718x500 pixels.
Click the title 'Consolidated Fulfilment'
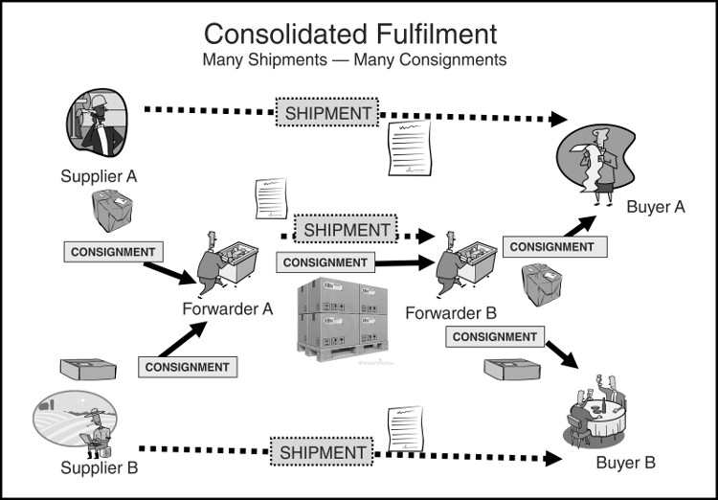(350, 34)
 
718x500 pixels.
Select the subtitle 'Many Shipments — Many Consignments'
(353, 60)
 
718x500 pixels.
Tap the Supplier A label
(99, 176)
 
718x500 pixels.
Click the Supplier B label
(99, 468)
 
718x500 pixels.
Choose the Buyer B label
(625, 463)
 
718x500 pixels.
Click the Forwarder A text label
(228, 309)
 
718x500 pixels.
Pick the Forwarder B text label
(451, 313)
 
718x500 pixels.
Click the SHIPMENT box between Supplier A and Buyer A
(328, 113)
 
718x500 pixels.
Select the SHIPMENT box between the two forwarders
(348, 230)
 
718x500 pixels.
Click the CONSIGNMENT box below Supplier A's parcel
(112, 252)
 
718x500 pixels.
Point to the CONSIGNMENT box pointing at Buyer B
(494, 337)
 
